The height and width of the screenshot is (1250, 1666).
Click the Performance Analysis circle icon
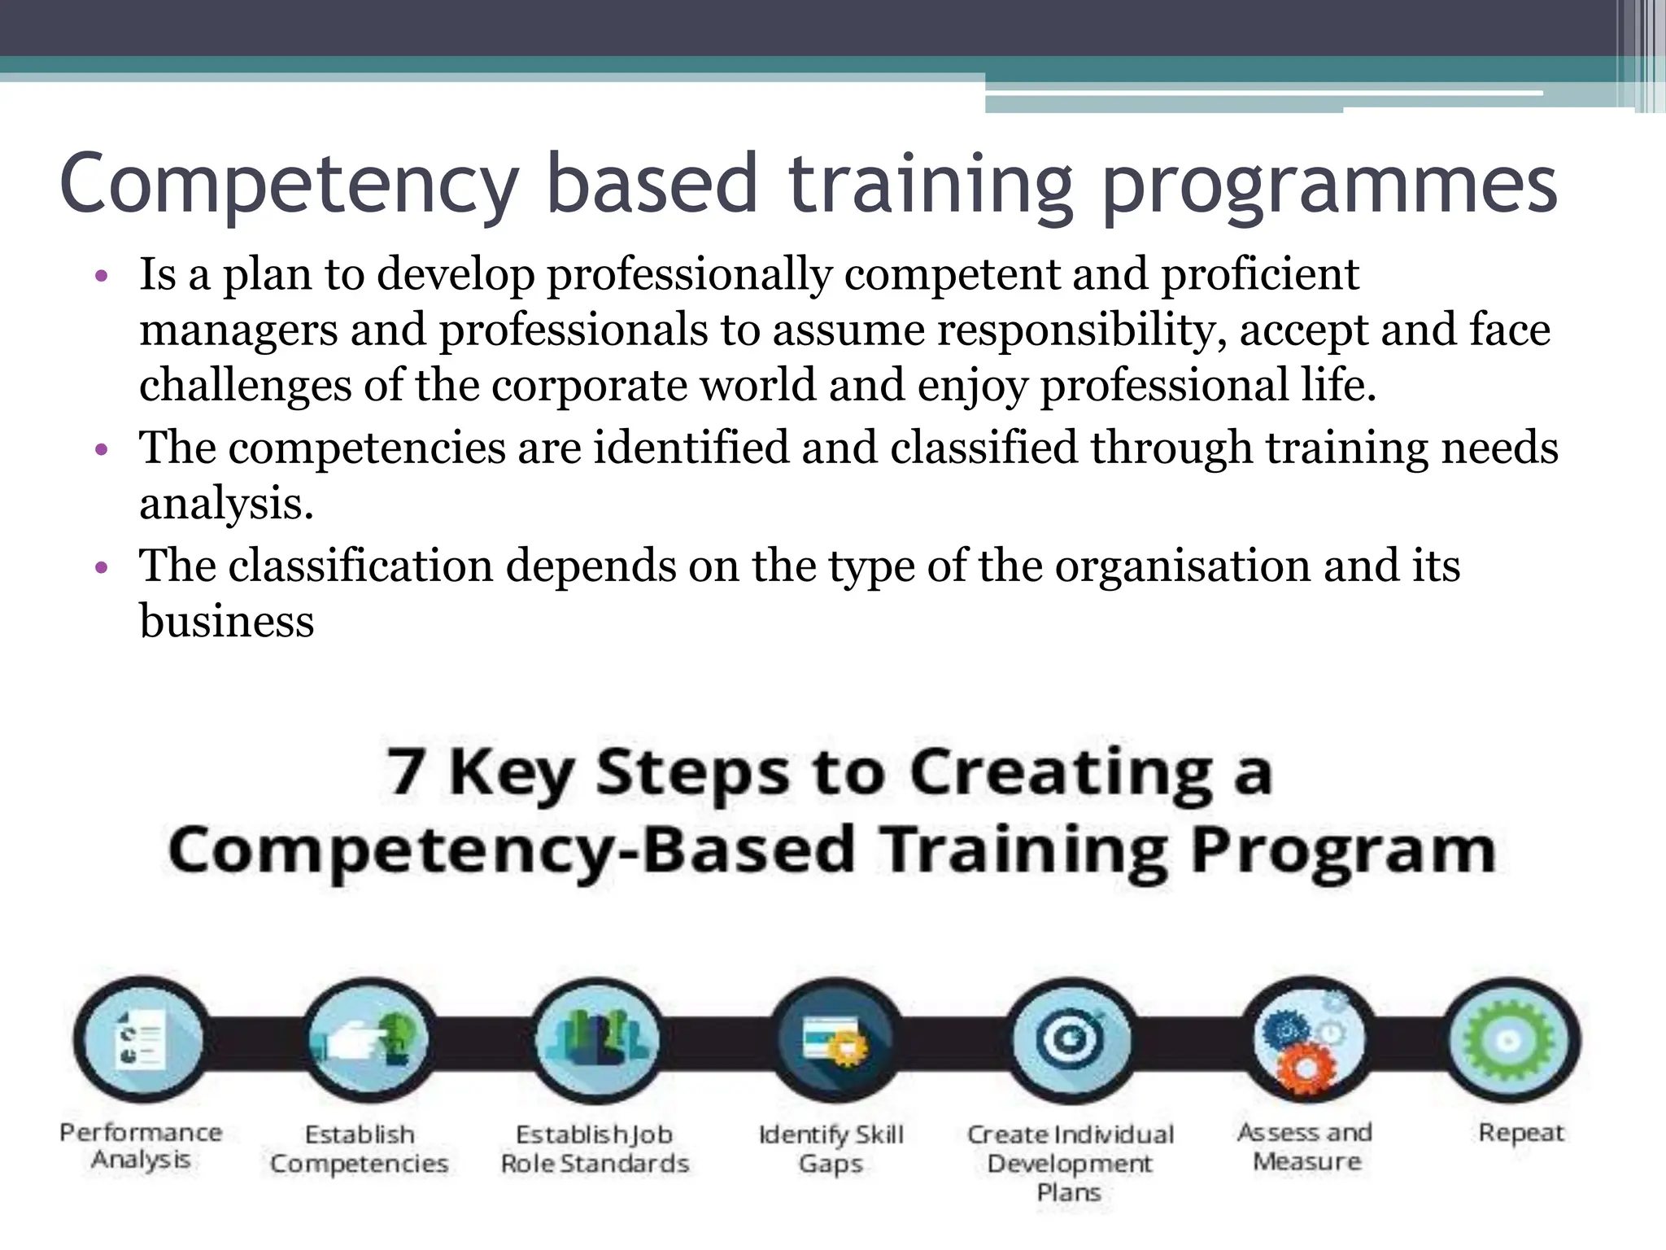pyautogui.click(x=140, y=1039)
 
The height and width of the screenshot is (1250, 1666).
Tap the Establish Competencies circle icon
pyautogui.click(x=369, y=1039)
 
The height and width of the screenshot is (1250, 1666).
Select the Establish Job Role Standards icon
pyautogui.click(x=598, y=1039)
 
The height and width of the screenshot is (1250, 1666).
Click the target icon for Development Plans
pyautogui.click(x=1071, y=1039)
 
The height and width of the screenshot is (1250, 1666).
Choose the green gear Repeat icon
pyautogui.click(x=1512, y=1039)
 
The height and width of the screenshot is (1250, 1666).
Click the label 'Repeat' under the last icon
pyautogui.click(x=1520, y=1132)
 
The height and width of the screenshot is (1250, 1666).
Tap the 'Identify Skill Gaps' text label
pyautogui.click(x=831, y=1148)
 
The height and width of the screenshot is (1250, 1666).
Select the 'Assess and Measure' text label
pyautogui.click(x=1305, y=1146)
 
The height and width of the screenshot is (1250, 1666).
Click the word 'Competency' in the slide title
pyautogui.click(x=289, y=184)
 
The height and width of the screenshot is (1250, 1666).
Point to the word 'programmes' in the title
pyautogui.click(x=1329, y=186)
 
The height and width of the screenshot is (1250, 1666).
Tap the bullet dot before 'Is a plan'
pyautogui.click(x=101, y=277)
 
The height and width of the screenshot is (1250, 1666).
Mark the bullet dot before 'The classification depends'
pyautogui.click(x=101, y=567)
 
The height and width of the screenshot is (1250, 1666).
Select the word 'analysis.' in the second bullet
pyautogui.click(x=226, y=504)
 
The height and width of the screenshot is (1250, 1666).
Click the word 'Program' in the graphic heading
pyautogui.click(x=1343, y=850)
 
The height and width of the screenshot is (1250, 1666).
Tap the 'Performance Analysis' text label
pyautogui.click(x=141, y=1146)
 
